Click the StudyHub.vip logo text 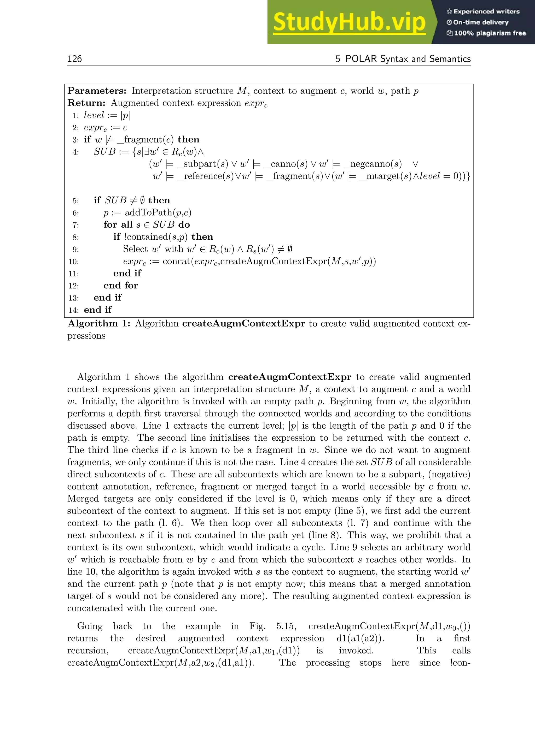349,22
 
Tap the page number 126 74,59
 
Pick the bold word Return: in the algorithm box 86,103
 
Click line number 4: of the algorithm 76,152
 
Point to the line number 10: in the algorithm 74,262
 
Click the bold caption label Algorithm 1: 99,324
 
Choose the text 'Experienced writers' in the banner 486,11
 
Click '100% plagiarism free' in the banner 490,33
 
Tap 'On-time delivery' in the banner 481,22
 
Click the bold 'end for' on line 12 121,286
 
